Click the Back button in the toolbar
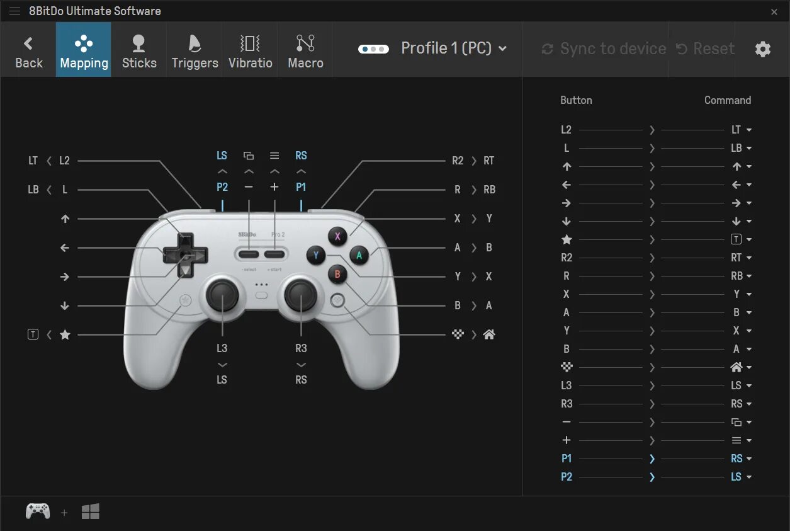pyautogui.click(x=28, y=50)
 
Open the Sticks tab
pyautogui.click(x=139, y=50)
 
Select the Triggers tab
pyautogui.click(x=195, y=50)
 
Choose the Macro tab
pyautogui.click(x=305, y=50)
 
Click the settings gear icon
pyautogui.click(x=763, y=49)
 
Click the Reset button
pyautogui.click(x=706, y=49)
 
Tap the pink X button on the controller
pyautogui.click(x=337, y=236)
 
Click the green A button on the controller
pyautogui.click(x=359, y=255)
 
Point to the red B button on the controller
pyautogui.click(x=337, y=274)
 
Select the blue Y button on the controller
pyautogui.click(x=316, y=255)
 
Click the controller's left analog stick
pyautogui.click(x=222, y=295)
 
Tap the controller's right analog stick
pyautogui.click(x=302, y=295)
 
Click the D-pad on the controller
pyautogui.click(x=185, y=256)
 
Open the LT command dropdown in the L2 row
pyautogui.click(x=741, y=130)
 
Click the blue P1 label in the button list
pyautogui.click(x=567, y=459)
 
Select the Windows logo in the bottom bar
pyautogui.click(x=90, y=512)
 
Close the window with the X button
pyautogui.click(x=774, y=11)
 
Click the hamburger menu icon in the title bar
pyautogui.click(x=14, y=11)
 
